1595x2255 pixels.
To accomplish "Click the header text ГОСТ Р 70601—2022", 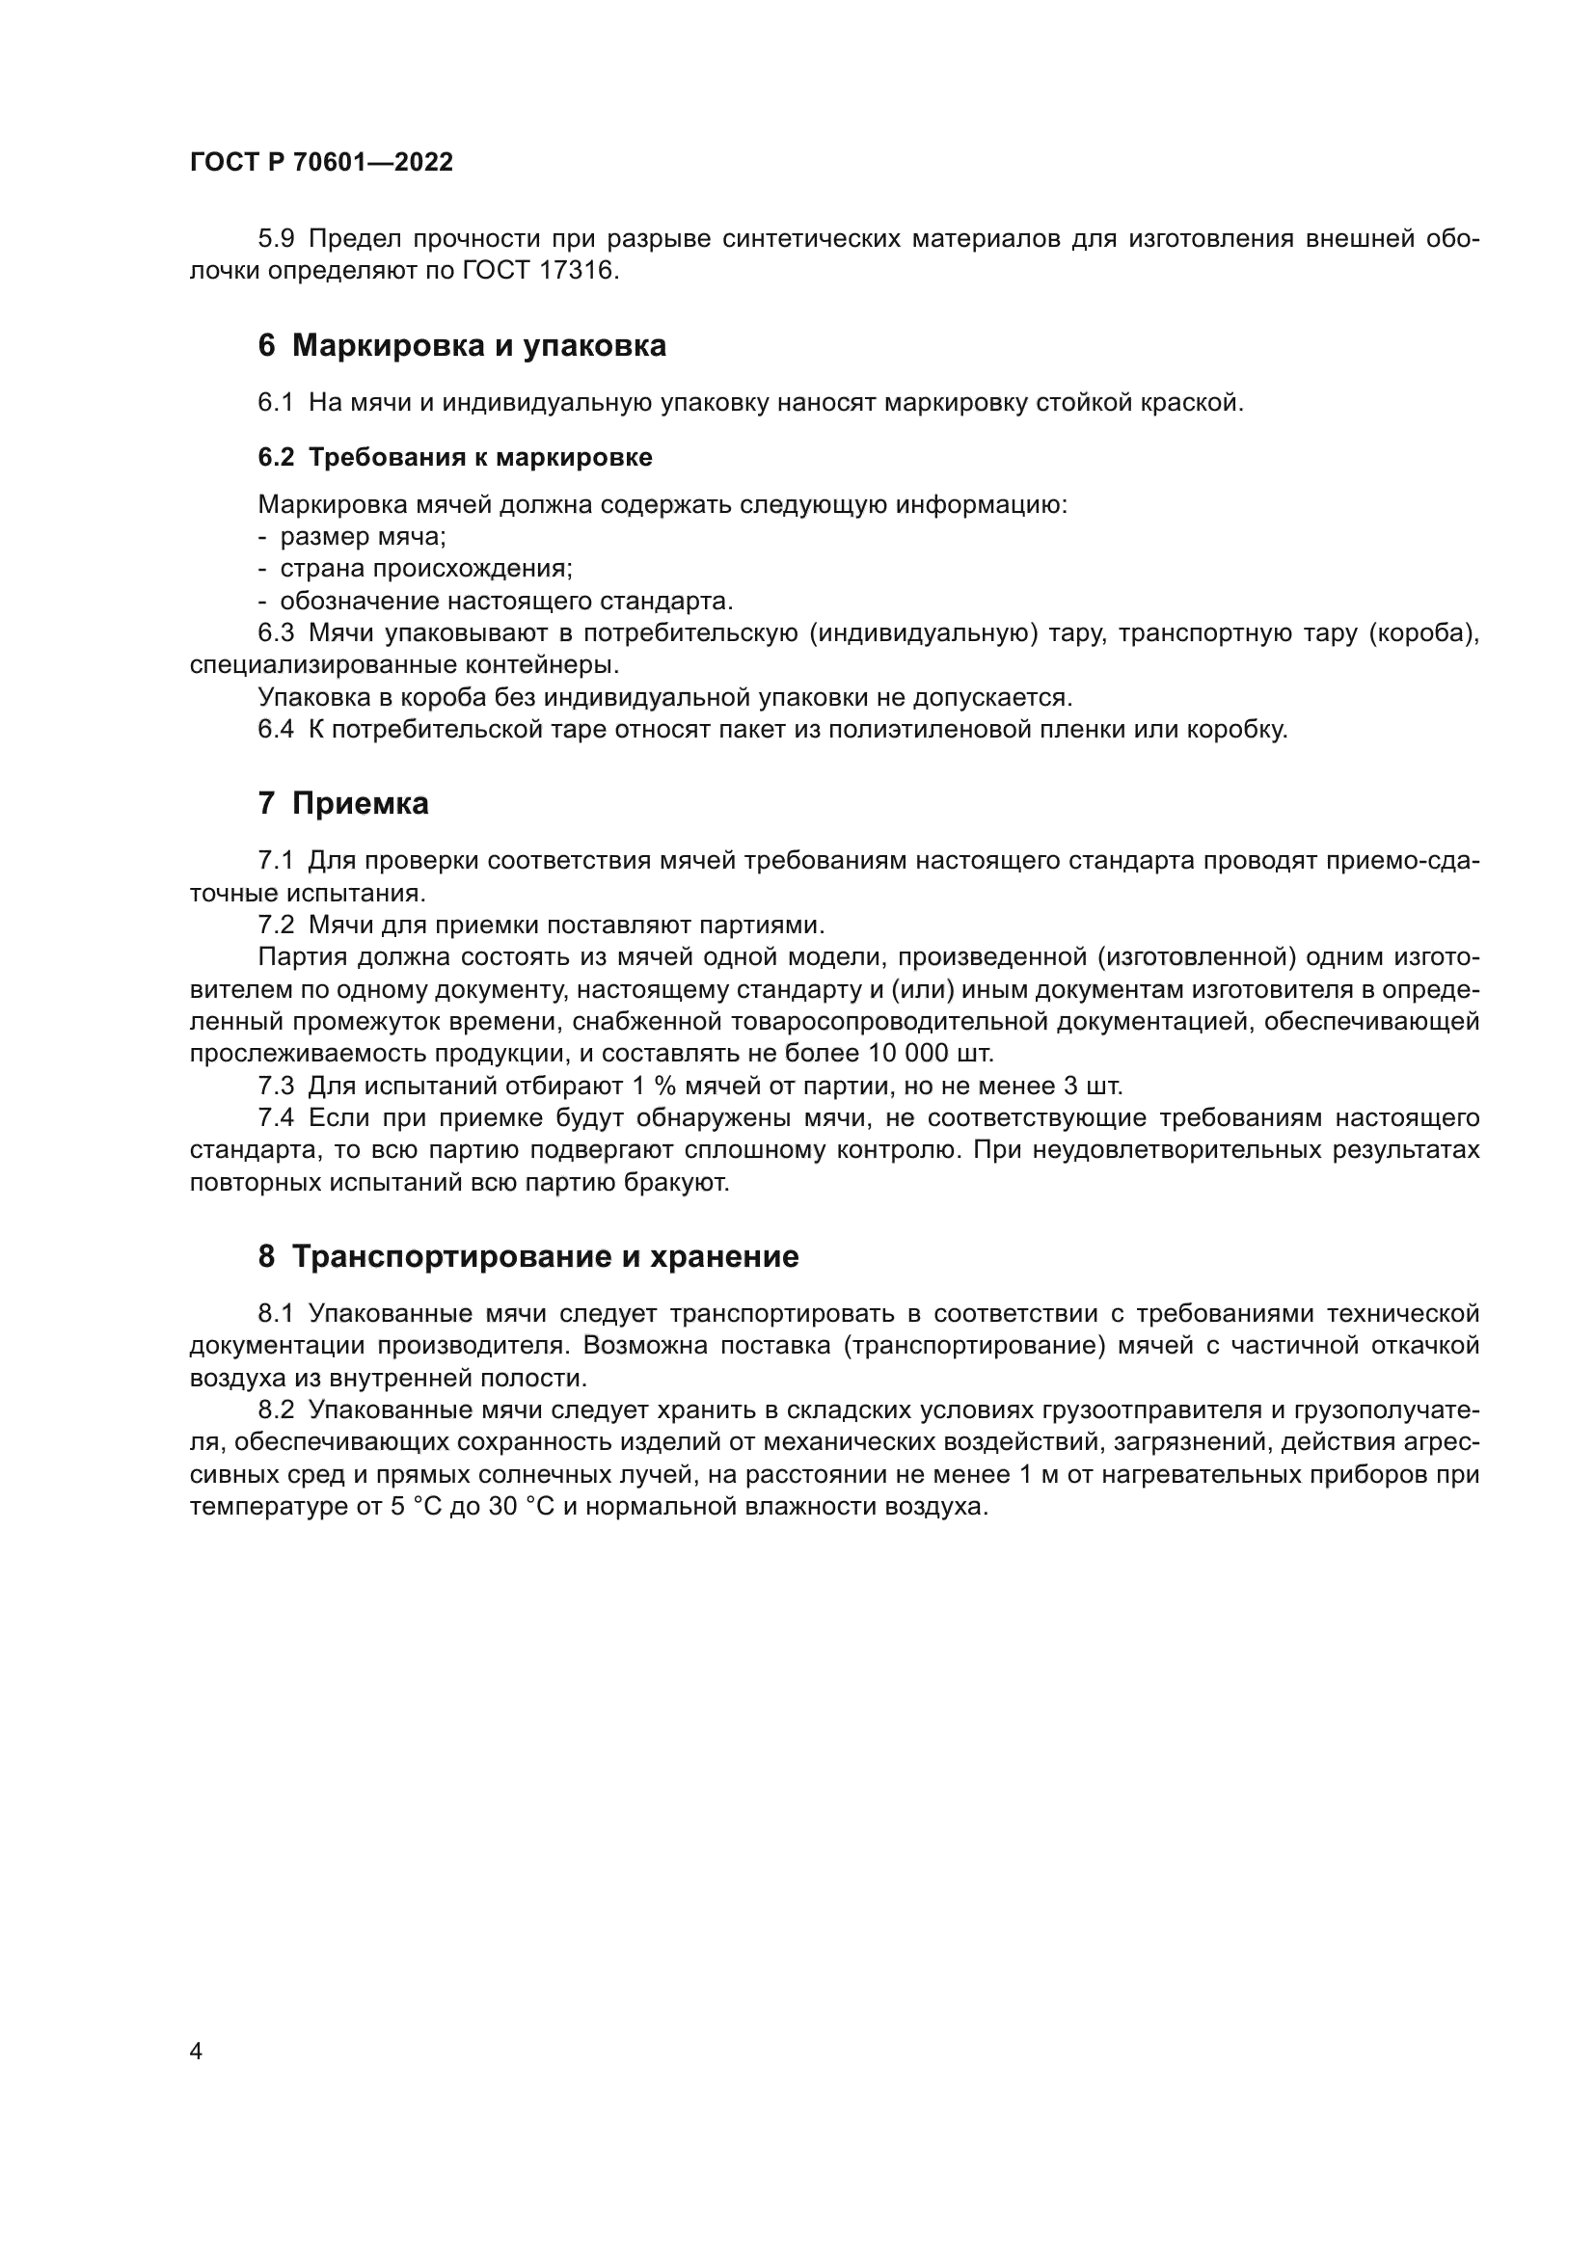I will pos(321,163).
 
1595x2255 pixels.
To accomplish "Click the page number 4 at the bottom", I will pos(196,2051).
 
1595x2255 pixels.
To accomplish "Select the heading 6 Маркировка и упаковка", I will pos(462,346).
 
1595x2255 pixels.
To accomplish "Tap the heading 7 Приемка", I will pos(342,803).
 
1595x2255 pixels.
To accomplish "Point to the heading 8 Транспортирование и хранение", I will pos(528,1256).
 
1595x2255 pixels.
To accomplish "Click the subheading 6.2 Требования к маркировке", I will pos(455,457).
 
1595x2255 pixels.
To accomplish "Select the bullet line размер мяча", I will pos(363,536).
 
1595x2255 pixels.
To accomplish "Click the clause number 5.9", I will pos(276,239).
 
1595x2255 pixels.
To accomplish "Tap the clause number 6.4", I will pos(276,730).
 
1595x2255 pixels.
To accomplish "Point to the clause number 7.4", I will pos(276,1118).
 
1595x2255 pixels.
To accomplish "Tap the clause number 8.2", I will pos(276,1410).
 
